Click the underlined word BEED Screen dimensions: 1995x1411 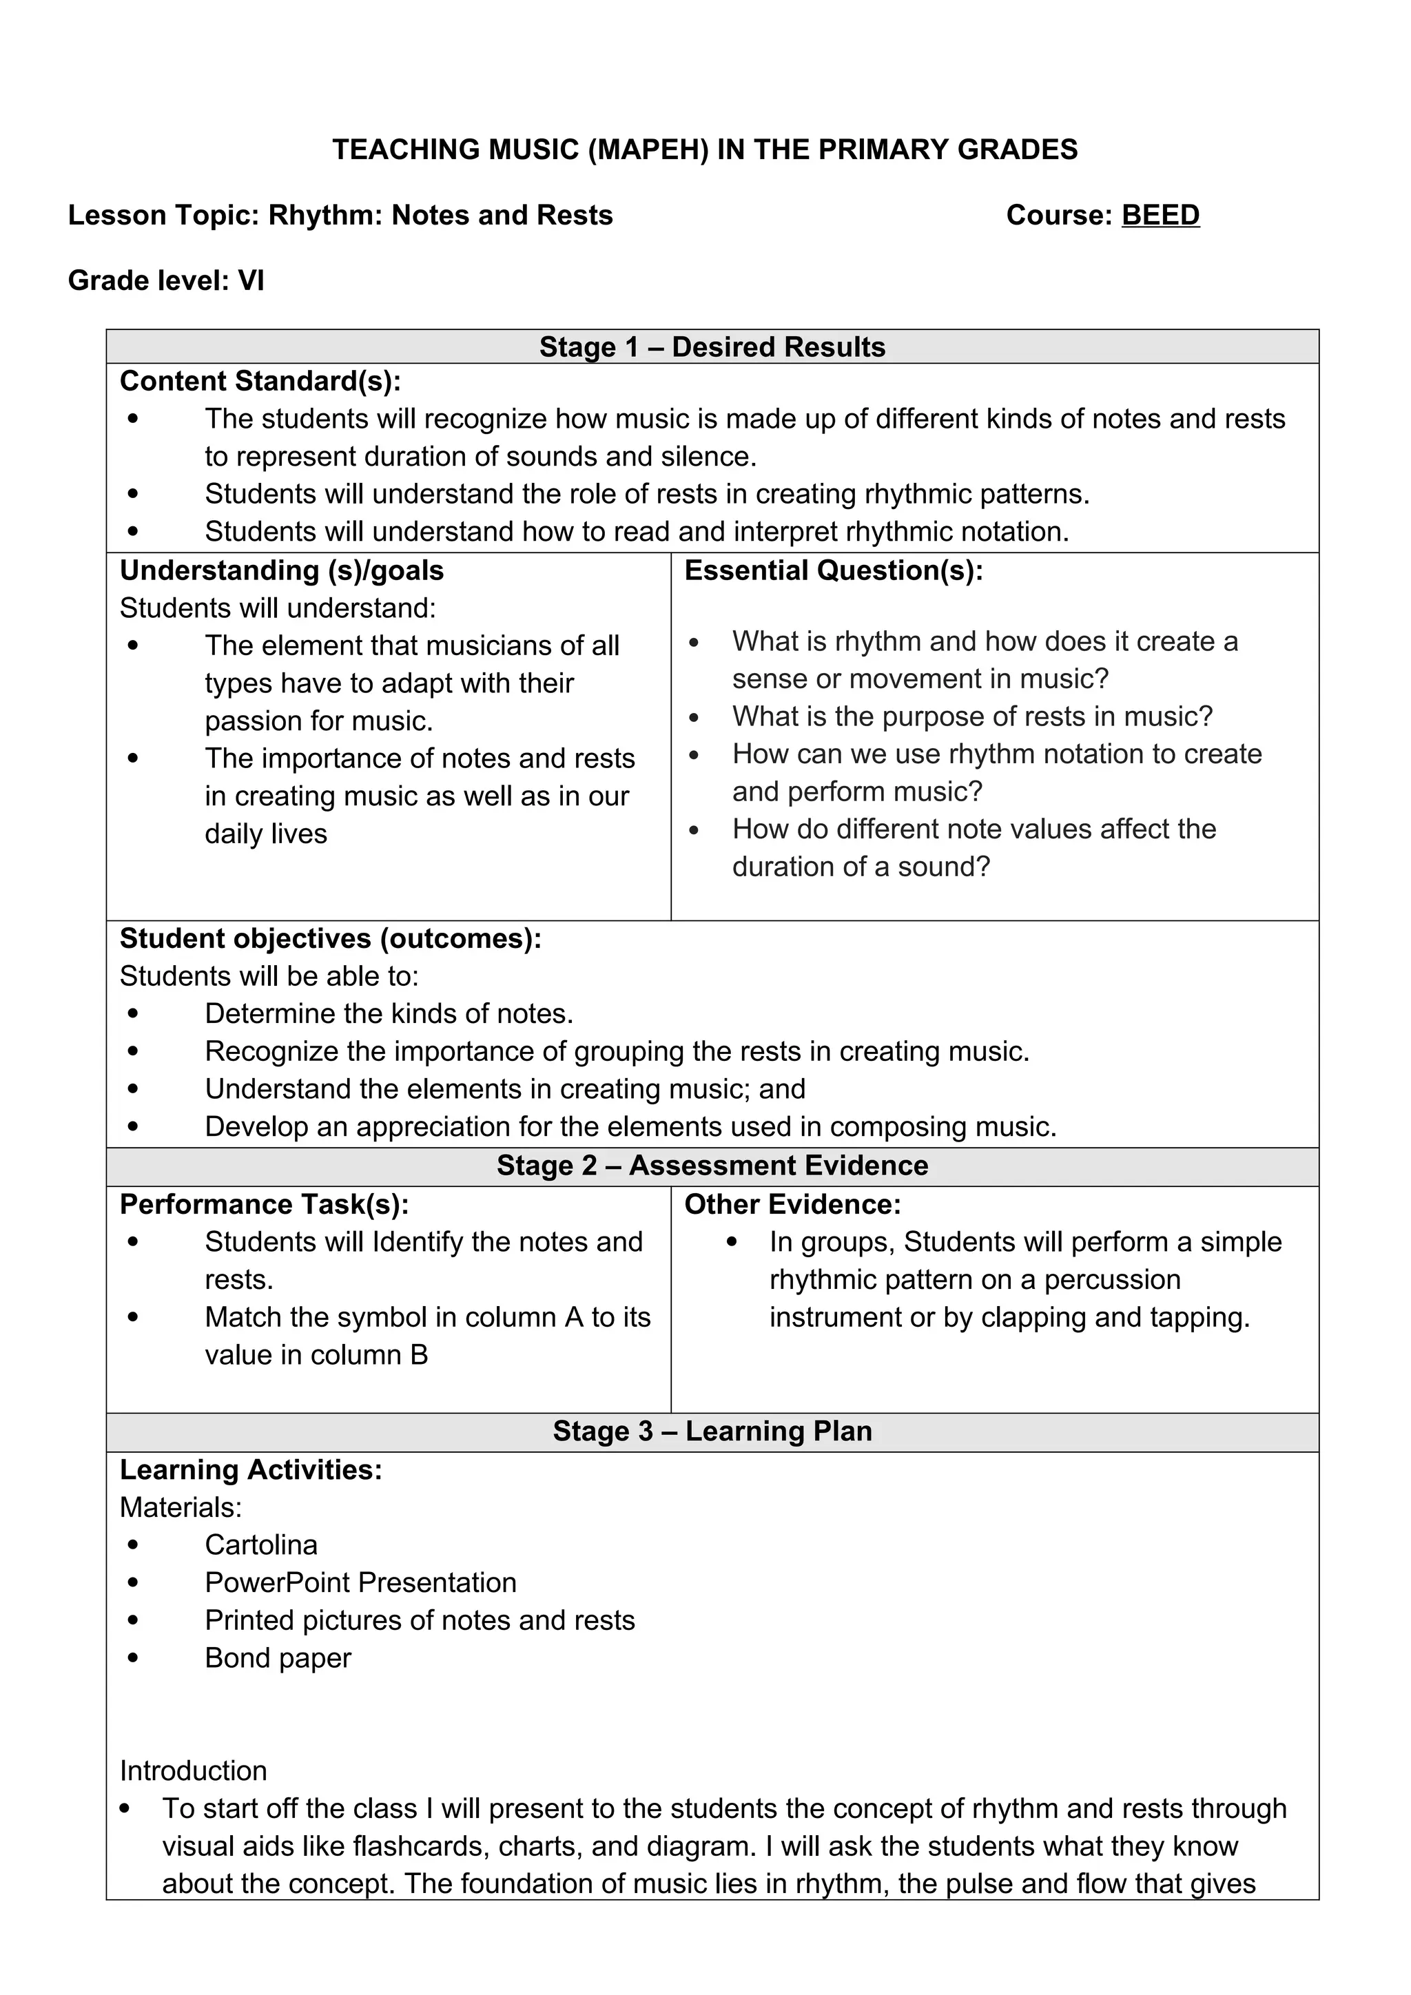point(1160,215)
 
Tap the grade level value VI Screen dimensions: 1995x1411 point(251,280)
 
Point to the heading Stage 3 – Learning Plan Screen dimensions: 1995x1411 point(712,1431)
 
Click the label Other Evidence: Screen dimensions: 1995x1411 point(792,1204)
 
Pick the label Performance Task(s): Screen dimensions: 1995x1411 point(264,1204)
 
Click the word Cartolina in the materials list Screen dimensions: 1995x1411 point(260,1545)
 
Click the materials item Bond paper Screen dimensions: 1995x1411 point(278,1658)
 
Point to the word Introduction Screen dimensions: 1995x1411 point(193,1771)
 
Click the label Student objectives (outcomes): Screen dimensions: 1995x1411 point(330,938)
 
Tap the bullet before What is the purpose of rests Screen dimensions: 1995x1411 point(693,718)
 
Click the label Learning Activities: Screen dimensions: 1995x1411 point(250,1469)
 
